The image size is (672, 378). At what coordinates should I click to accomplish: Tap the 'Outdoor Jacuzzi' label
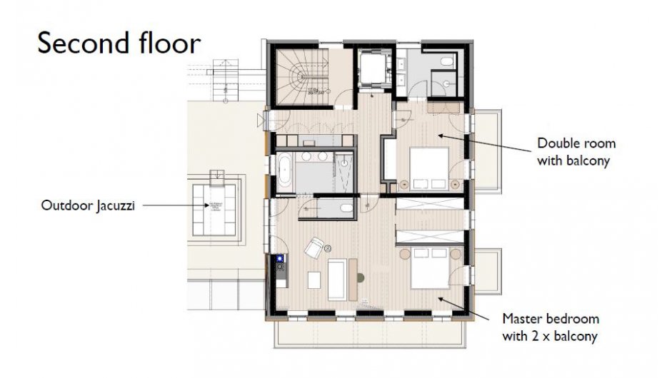[86, 205]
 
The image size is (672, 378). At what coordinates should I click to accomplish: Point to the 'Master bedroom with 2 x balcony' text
[551, 327]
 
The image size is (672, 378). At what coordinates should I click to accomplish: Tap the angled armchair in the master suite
[314, 248]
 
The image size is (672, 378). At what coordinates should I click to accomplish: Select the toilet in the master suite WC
[346, 208]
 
